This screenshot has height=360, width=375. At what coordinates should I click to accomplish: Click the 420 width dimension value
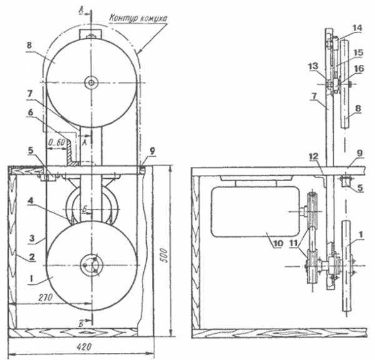click(x=84, y=347)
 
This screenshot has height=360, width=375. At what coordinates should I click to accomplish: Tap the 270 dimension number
click(x=46, y=297)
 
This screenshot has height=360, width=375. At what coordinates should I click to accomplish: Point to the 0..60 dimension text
click(x=56, y=142)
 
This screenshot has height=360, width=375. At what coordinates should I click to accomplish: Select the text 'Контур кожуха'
click(x=137, y=18)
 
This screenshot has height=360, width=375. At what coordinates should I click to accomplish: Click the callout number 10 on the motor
click(x=278, y=243)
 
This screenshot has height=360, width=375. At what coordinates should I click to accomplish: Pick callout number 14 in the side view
click(x=357, y=28)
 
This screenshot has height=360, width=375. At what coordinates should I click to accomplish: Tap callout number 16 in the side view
click(x=359, y=69)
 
